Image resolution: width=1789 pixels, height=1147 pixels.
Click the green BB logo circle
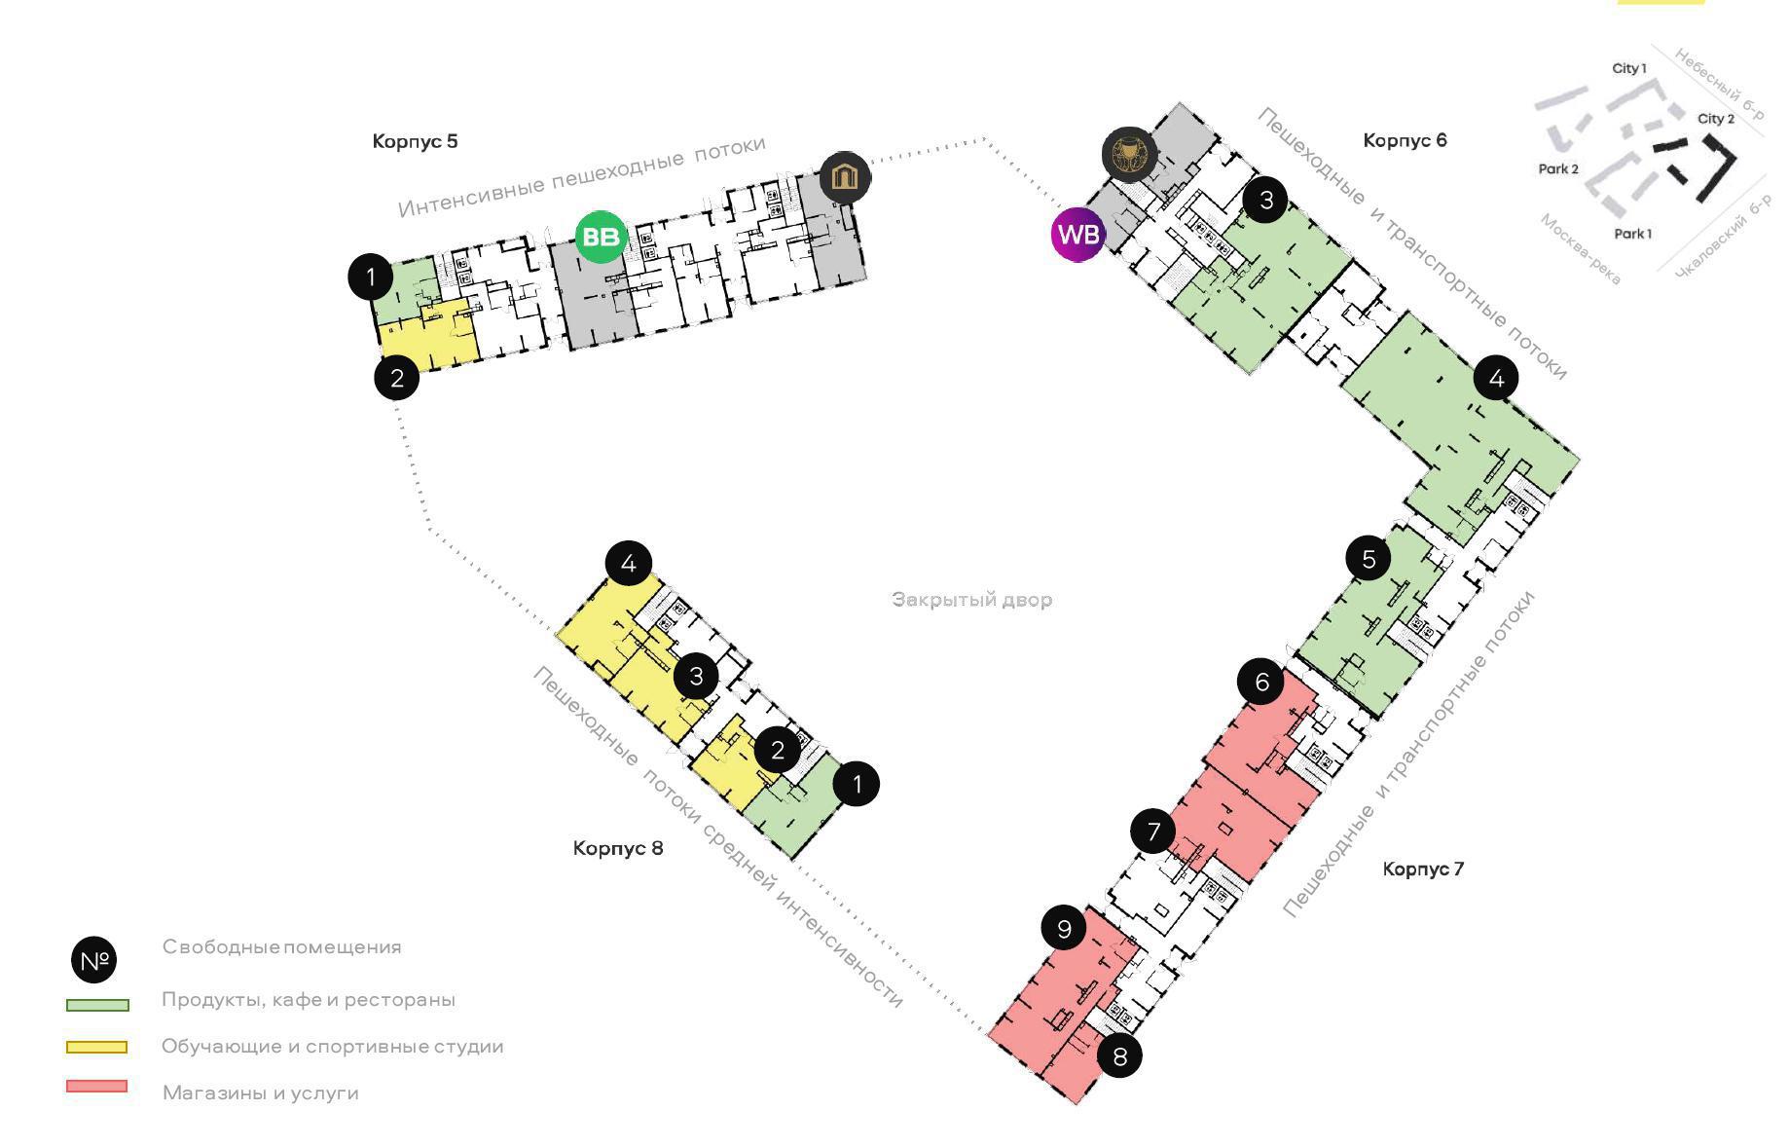coord(601,237)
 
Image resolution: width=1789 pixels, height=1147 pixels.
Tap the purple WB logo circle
coord(1078,235)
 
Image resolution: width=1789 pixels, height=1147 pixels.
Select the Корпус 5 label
coord(415,141)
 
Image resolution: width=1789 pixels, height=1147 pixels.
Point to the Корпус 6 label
coord(1405,140)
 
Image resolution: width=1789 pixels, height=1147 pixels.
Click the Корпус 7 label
coord(1423,869)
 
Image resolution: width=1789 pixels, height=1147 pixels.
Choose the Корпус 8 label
coord(618,848)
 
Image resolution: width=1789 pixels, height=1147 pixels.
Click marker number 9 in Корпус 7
coord(1064,928)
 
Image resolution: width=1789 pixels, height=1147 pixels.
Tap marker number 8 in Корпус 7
coord(1119,1056)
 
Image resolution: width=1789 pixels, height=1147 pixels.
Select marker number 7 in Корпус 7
coord(1153,832)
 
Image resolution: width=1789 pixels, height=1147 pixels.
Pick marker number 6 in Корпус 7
coord(1261,682)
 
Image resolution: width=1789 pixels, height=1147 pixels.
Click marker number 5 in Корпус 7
coord(1369,559)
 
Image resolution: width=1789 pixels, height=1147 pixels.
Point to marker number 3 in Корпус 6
coord(1265,201)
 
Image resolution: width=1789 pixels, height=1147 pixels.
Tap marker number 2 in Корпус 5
coord(396,377)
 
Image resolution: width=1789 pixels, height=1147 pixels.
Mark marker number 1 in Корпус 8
coord(857,784)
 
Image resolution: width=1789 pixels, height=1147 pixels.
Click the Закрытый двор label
coord(971,600)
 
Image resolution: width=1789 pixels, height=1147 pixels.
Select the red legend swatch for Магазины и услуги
coord(96,1087)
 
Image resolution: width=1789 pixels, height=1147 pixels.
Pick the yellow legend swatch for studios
coord(96,1048)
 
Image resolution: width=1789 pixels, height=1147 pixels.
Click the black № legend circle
coord(94,961)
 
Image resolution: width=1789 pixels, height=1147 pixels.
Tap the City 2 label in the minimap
coord(1716,119)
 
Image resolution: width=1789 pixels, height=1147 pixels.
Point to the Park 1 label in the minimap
coord(1632,234)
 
